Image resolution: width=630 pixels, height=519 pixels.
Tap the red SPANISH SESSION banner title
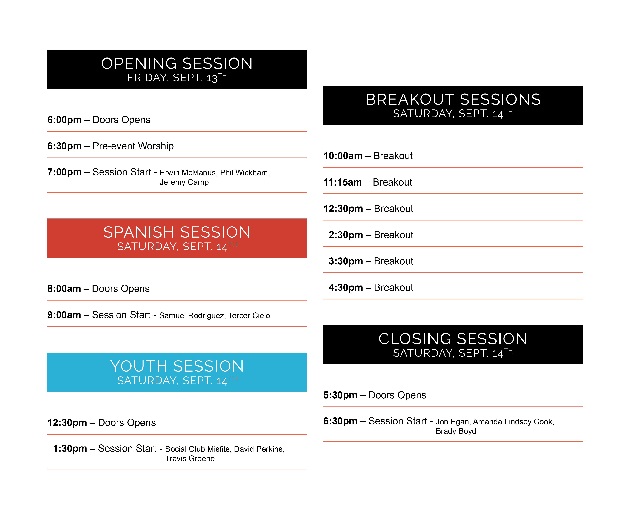(x=177, y=232)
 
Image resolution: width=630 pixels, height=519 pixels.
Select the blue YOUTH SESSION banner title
(x=177, y=366)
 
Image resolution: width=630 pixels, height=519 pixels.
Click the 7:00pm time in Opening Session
(x=64, y=172)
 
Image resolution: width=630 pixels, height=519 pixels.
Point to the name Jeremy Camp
(x=184, y=182)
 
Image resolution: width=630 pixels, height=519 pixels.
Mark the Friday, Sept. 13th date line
(x=177, y=78)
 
